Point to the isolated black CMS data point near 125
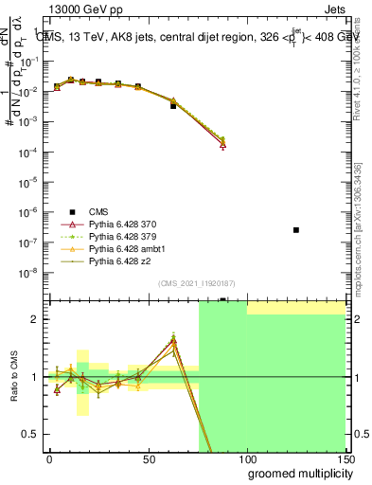pos(296,230)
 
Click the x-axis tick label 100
pos(246,458)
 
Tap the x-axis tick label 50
pos(148,458)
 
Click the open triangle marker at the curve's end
pos(222,145)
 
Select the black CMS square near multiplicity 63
pos(173,105)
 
